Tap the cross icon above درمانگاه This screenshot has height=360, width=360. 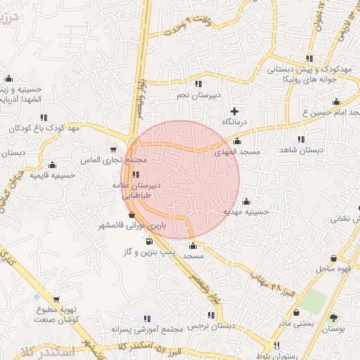click(234, 111)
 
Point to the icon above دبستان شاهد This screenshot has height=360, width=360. click(302, 139)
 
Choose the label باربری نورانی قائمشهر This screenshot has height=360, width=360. click(139, 226)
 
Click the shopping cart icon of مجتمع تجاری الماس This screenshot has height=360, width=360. click(114, 149)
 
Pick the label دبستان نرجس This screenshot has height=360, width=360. click(210, 328)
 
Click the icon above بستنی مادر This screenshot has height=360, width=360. click(295, 311)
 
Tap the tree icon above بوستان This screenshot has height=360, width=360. click(333, 317)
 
